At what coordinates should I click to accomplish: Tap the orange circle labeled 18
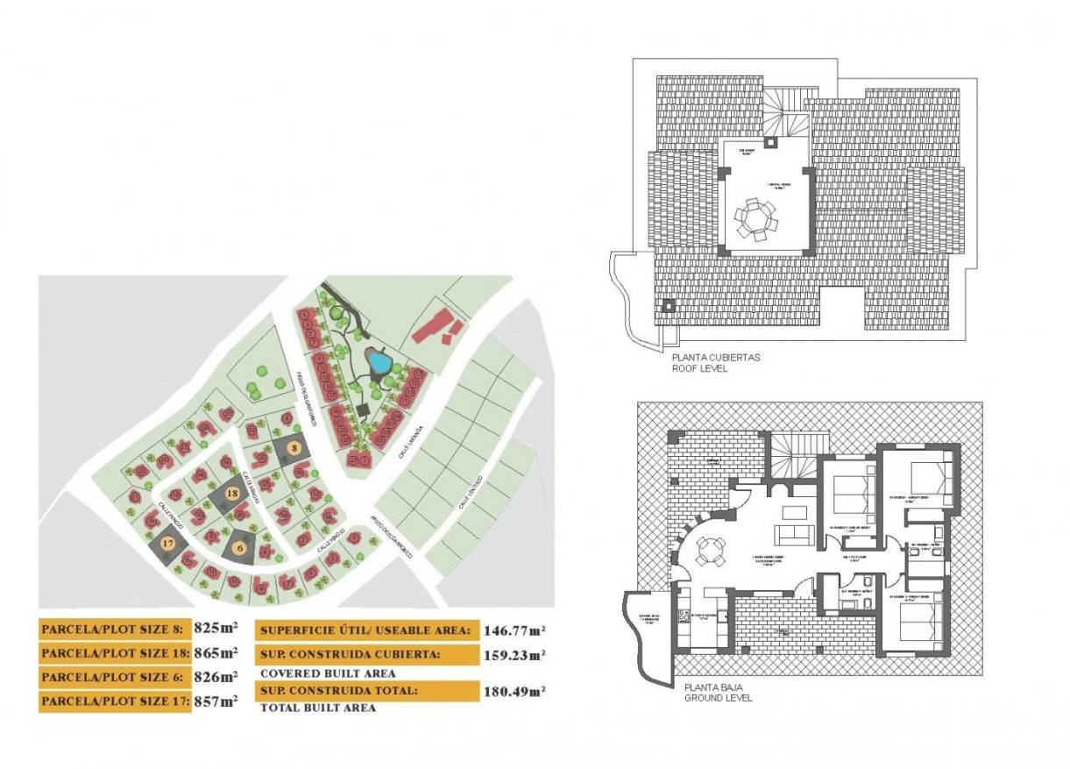pos(231,494)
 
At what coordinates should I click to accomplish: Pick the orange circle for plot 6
pos(240,548)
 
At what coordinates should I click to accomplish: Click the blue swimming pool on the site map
pos(379,361)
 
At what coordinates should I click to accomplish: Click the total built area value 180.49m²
pos(514,691)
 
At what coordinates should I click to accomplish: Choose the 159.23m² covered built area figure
pos(514,654)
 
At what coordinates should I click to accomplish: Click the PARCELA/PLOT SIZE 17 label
pos(115,701)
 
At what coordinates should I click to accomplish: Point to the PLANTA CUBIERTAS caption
pos(715,358)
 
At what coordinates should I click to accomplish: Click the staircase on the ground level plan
pos(792,456)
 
